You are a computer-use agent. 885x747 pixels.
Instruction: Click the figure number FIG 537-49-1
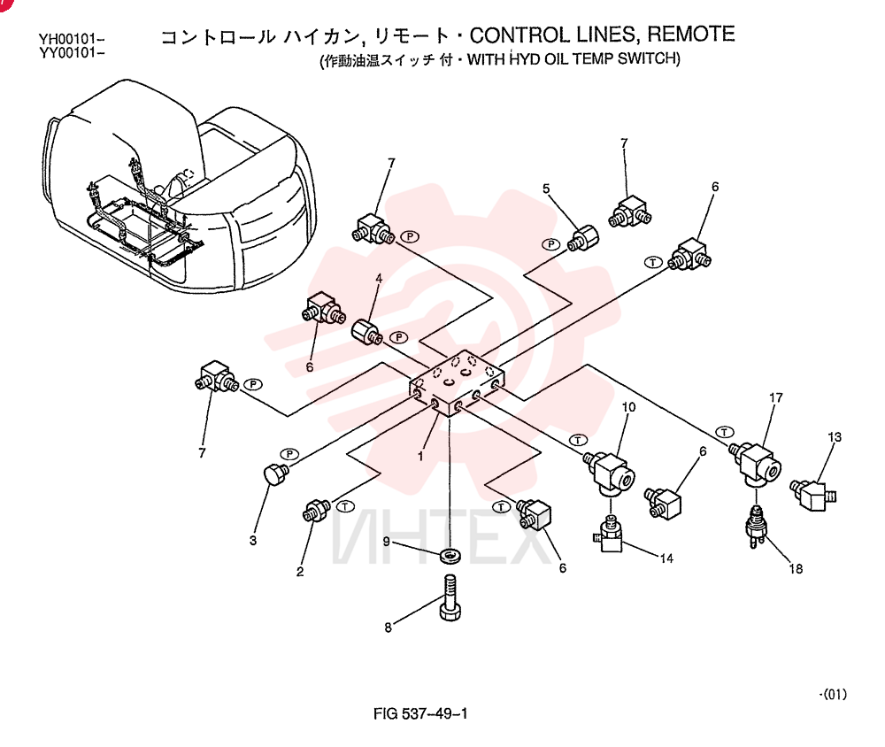420,713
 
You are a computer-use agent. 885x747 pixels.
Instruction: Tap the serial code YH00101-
72,40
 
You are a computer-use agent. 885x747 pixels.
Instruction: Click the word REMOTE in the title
691,35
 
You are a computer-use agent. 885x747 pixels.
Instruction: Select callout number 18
796,568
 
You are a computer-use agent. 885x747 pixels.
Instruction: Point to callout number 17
776,397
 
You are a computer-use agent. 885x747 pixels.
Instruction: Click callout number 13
835,437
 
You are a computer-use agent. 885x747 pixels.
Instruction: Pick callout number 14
666,558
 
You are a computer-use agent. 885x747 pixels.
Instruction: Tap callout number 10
628,407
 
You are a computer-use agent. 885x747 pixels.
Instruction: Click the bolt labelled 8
450,598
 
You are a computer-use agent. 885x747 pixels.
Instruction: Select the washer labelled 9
450,555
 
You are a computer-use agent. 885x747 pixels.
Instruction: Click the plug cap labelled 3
276,474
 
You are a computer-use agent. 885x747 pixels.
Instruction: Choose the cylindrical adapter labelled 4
366,332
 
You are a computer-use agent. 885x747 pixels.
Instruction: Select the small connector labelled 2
318,511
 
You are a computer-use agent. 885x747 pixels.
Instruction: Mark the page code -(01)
833,694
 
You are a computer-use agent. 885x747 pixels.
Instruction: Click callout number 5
546,188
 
